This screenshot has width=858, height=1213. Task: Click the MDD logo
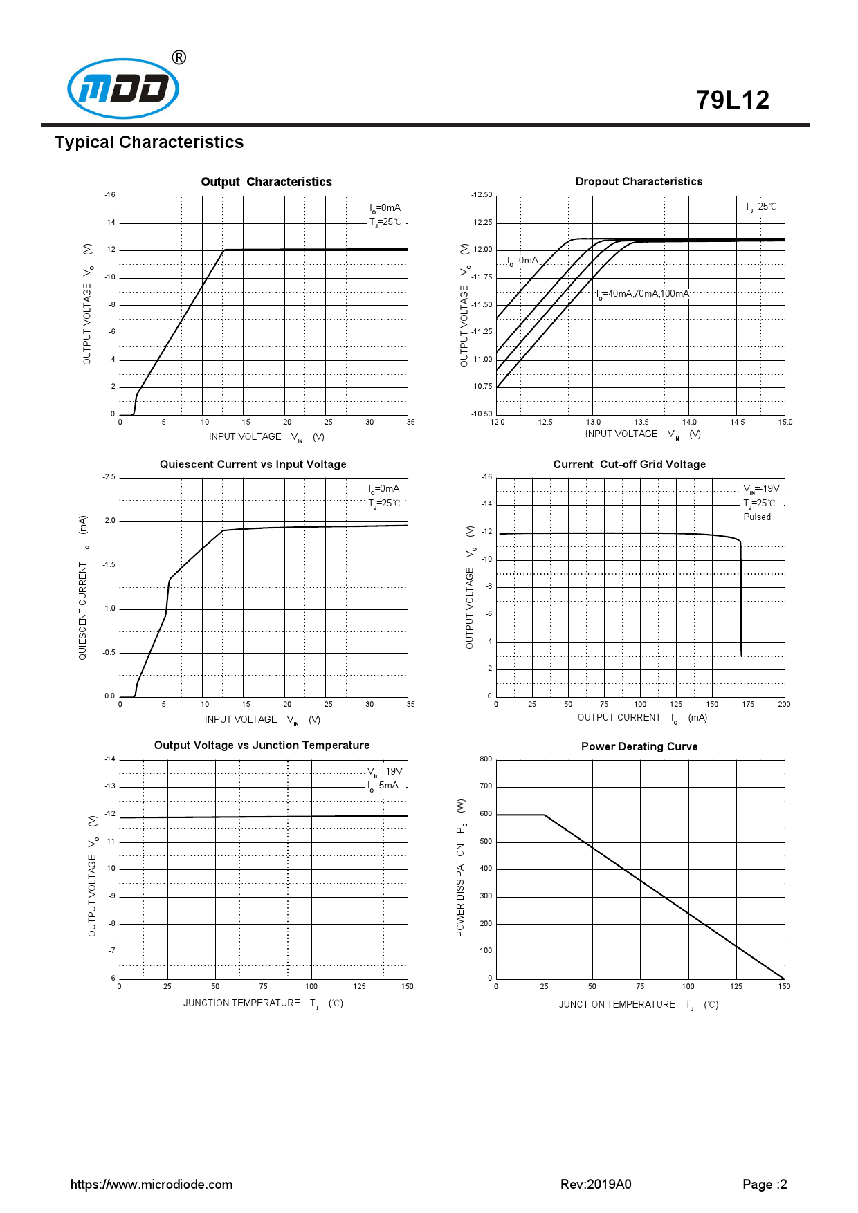pyautogui.click(x=123, y=89)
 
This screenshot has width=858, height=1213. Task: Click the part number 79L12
pyautogui.click(x=732, y=100)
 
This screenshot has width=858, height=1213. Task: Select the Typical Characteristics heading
pyautogui.click(x=149, y=142)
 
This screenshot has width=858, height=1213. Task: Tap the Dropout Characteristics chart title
pyautogui.click(x=639, y=182)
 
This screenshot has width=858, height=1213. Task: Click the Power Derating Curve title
pyautogui.click(x=639, y=747)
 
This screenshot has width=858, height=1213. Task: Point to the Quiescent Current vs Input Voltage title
pyautogui.click(x=253, y=465)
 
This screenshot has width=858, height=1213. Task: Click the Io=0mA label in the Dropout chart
pyautogui.click(x=522, y=261)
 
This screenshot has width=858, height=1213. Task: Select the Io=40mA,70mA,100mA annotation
pyautogui.click(x=643, y=294)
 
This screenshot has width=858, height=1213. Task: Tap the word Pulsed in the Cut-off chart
pyautogui.click(x=757, y=517)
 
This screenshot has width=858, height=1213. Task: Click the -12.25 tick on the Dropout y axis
pyautogui.click(x=482, y=223)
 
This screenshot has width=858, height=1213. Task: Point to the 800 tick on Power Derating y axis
pyautogui.click(x=486, y=759)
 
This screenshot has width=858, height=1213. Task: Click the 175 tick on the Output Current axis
pyautogui.click(x=748, y=705)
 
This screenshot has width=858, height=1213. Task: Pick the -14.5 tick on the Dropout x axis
pyautogui.click(x=736, y=423)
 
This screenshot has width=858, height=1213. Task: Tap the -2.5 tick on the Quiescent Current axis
pyautogui.click(x=109, y=477)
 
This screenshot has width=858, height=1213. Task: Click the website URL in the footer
pyautogui.click(x=152, y=1185)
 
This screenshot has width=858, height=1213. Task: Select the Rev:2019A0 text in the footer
pyautogui.click(x=596, y=1185)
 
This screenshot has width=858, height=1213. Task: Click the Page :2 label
pyautogui.click(x=765, y=1185)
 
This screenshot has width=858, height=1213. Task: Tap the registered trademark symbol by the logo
pyautogui.click(x=179, y=57)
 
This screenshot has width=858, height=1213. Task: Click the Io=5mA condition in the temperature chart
pyautogui.click(x=383, y=786)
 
